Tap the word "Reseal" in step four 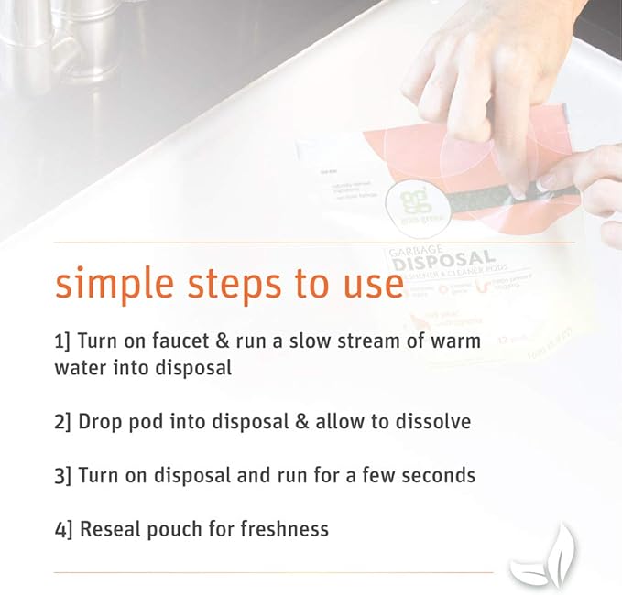109,528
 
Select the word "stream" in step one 362,341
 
